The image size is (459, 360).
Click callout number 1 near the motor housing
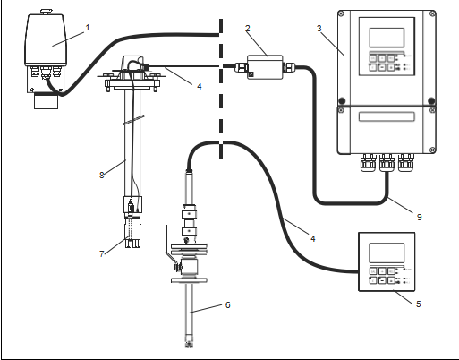[x=88, y=28]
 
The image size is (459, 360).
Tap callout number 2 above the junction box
[x=248, y=29]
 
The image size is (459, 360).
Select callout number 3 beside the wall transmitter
[x=319, y=29]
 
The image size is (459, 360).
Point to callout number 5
[x=419, y=304]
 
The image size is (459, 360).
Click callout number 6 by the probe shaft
[x=228, y=304]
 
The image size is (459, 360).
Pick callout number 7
[x=102, y=253]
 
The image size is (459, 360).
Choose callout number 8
[x=102, y=175]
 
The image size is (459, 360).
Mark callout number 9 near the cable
[x=419, y=217]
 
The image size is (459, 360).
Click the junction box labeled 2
[x=265, y=67]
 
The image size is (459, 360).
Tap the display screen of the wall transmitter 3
[x=387, y=38]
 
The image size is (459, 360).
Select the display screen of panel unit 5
[x=387, y=253]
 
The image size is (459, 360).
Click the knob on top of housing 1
[x=46, y=12]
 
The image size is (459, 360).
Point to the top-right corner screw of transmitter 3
[x=432, y=13]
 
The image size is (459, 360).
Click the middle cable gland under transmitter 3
[x=387, y=163]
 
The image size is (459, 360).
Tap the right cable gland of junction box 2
[x=289, y=68]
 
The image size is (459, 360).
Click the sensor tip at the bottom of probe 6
[x=189, y=342]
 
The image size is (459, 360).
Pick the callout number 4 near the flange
[x=200, y=87]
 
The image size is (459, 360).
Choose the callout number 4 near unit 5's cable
[x=312, y=238]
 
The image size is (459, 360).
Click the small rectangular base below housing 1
[x=46, y=101]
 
